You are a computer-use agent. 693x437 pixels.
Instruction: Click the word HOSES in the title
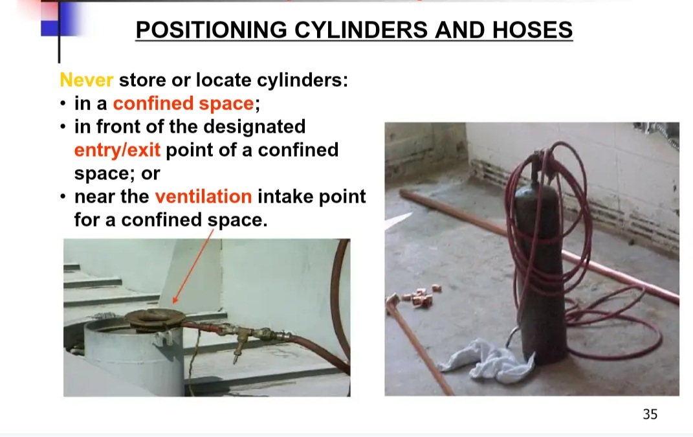click(532, 30)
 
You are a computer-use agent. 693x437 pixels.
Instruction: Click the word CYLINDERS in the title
click(361, 30)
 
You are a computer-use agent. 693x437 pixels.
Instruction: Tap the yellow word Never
click(87, 80)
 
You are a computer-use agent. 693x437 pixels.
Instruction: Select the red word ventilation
click(203, 196)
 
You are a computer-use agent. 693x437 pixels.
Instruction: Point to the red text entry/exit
click(117, 150)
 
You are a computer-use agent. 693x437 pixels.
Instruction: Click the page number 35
click(650, 414)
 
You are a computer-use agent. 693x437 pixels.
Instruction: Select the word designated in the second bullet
click(254, 127)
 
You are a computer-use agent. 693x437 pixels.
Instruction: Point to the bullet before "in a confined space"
click(63, 104)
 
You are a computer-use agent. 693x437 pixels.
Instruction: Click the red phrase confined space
click(183, 104)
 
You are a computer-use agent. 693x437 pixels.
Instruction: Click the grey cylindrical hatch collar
click(133, 358)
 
